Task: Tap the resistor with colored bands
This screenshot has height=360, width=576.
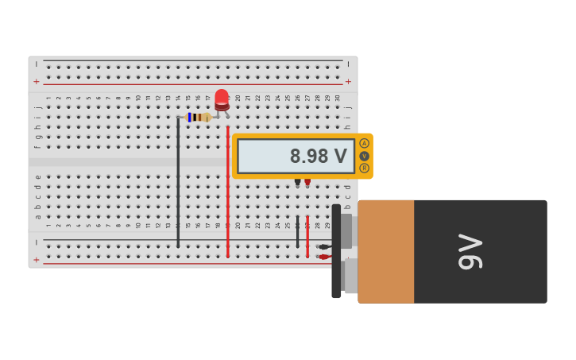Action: (198, 117)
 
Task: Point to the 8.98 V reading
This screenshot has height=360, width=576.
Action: (318, 156)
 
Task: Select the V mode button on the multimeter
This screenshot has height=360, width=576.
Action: (364, 156)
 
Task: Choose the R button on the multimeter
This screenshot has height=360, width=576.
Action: (364, 168)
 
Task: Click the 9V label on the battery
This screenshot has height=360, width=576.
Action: (470, 251)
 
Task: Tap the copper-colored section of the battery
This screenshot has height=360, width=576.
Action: (386, 251)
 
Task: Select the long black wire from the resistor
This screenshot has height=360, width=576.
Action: (178, 183)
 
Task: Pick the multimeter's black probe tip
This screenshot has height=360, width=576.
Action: (298, 183)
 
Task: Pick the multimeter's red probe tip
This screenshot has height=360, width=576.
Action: (307, 183)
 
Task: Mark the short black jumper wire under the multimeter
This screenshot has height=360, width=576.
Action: (298, 230)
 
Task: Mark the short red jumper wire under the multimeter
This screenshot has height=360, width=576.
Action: (307, 235)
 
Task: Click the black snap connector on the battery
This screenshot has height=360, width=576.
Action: (336, 251)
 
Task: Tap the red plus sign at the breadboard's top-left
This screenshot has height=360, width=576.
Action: (36, 82)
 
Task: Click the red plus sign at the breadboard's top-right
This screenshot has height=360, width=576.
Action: (348, 82)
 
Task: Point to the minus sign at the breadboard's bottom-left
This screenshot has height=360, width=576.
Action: (36, 242)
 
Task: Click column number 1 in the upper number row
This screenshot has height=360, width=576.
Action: (48, 99)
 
